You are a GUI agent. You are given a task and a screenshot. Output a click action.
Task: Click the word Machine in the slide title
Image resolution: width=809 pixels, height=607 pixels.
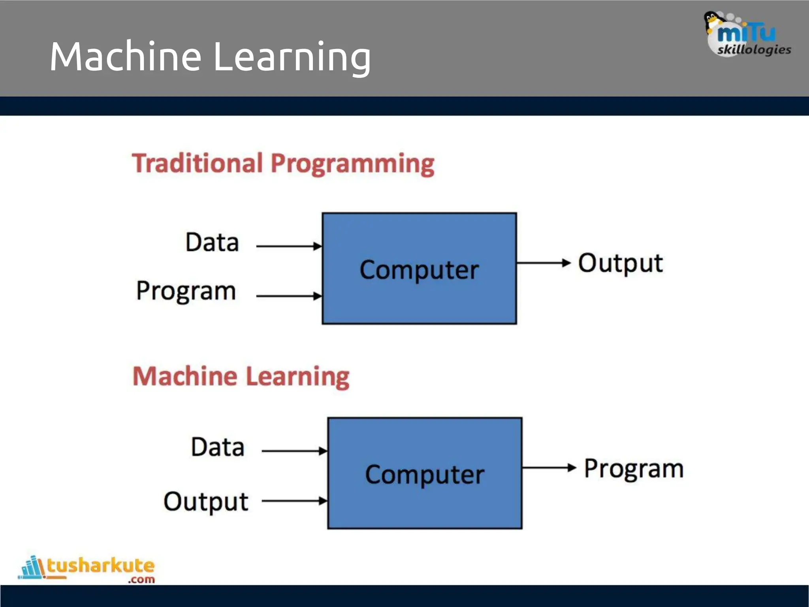click(x=126, y=57)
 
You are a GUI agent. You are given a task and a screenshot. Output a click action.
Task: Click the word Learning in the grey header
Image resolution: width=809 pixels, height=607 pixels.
click(x=292, y=58)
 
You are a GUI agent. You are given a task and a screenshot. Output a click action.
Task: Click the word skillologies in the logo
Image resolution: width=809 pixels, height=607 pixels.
click(x=754, y=50)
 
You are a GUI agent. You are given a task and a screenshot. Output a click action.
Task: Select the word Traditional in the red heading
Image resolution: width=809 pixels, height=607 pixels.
click(x=197, y=163)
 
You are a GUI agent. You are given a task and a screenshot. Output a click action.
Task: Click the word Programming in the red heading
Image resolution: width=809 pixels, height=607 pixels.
click(x=352, y=164)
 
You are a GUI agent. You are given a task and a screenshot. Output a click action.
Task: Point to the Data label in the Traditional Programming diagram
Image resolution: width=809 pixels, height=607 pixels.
click(x=212, y=242)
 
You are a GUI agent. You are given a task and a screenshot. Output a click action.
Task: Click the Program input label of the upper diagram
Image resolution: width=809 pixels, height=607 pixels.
click(x=186, y=291)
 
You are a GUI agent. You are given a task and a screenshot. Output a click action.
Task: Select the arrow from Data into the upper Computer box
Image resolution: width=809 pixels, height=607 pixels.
click(x=289, y=246)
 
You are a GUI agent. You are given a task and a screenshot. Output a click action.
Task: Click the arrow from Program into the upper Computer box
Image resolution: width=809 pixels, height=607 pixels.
click(x=289, y=296)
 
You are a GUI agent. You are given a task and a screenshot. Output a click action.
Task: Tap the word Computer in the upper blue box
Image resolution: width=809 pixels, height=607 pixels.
click(x=419, y=270)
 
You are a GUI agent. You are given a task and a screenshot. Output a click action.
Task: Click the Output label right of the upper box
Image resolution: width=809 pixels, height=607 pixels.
click(x=620, y=264)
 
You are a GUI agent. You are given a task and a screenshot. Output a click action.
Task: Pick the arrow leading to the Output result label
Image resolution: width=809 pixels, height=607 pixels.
click(x=544, y=262)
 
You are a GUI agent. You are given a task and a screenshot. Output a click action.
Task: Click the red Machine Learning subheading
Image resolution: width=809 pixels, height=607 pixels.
click(x=241, y=376)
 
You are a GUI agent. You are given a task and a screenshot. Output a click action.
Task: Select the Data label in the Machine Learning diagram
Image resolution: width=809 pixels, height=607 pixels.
click(x=218, y=447)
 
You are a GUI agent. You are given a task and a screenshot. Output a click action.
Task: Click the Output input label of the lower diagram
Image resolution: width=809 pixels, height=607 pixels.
click(x=206, y=502)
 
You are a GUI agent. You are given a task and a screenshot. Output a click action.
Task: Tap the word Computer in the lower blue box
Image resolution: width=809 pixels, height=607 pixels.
click(x=425, y=475)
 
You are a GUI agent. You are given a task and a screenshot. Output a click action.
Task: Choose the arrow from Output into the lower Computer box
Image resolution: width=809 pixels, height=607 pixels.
click(x=294, y=501)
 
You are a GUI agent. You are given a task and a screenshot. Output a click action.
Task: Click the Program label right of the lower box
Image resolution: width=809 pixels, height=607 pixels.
click(x=634, y=469)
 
